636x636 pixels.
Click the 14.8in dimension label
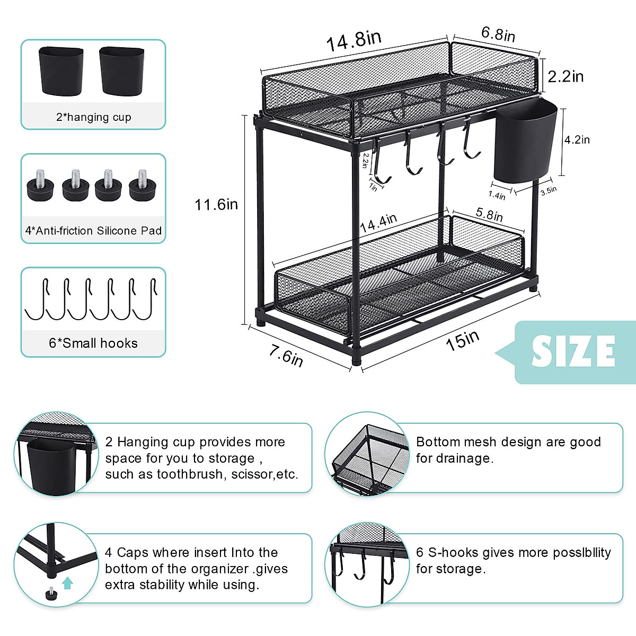coord(354,41)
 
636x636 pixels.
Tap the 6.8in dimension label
coord(498,34)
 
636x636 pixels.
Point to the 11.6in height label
coord(216,205)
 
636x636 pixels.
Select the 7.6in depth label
coord(286,355)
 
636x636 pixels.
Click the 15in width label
coord(462,340)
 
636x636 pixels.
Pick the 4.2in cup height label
coord(577,140)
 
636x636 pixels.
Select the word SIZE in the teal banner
coord(573,351)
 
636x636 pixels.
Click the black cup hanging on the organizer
coord(525,143)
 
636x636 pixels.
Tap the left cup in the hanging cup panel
coord(61,71)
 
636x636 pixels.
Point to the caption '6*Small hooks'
coord(93,343)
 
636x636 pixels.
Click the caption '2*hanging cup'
coord(93,117)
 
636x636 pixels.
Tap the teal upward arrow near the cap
coord(67,584)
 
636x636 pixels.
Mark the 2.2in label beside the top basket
coord(566,77)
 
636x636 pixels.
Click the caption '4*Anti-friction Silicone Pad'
coord(93,231)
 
